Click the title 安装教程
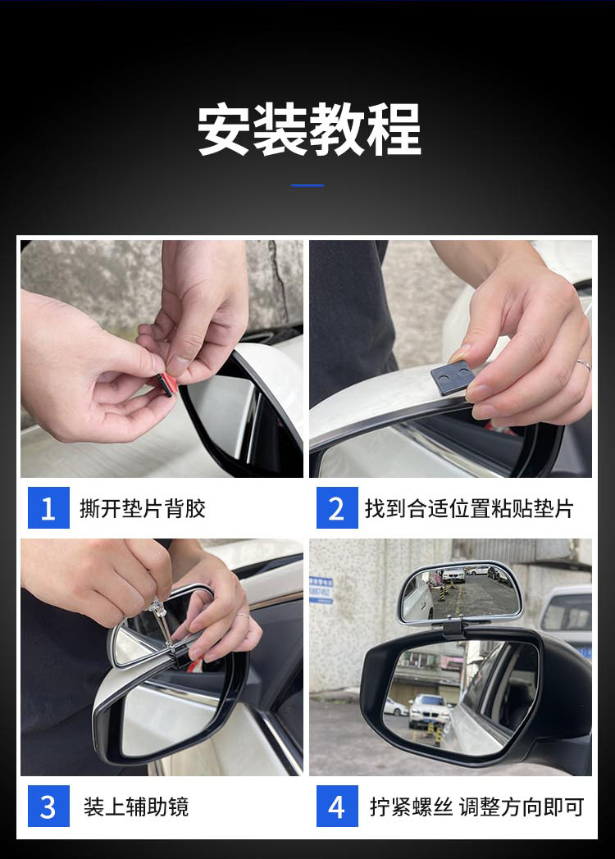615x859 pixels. pos(309,130)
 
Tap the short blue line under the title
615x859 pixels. pos(307,186)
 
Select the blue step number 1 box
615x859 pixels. pos(48,508)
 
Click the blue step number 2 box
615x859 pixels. pos(337,508)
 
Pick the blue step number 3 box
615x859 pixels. pos(48,806)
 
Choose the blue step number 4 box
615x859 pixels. pos(337,806)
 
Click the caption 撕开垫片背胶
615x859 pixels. pos(143,508)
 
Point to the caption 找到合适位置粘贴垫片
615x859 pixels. pos(469,508)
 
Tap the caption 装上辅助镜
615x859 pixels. pos(136,807)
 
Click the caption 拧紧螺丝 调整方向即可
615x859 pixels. pos(476,807)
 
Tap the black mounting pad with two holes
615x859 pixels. pos(452,378)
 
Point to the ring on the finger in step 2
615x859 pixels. pos(583,364)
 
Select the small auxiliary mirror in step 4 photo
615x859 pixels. pos(459,593)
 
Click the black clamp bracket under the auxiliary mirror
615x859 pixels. pos(453,626)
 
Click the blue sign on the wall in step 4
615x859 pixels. pos(321,590)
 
